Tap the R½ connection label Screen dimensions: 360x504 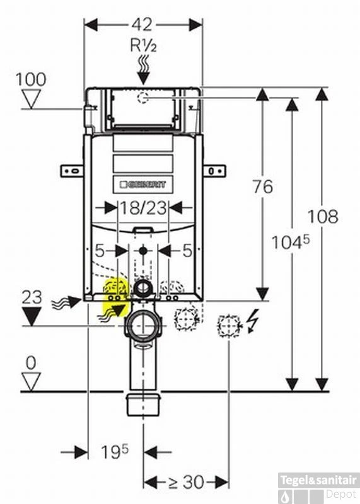click(x=143, y=45)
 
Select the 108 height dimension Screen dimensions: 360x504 click(x=323, y=216)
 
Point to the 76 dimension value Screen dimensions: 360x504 click(x=262, y=186)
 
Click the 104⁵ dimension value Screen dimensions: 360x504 click(x=291, y=242)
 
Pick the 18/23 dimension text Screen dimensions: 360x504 click(x=144, y=208)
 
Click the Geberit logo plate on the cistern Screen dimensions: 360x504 click(x=143, y=185)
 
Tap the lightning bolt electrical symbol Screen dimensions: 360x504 click(x=253, y=321)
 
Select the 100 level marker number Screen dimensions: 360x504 click(x=31, y=79)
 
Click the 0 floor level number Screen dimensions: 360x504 click(x=31, y=364)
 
